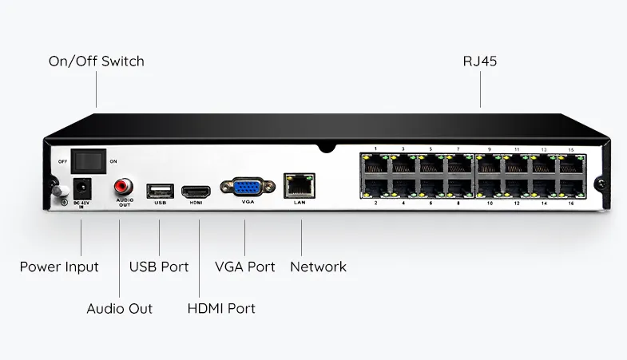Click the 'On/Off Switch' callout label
tap(96, 61)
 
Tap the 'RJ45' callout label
tap(480, 61)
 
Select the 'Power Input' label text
tap(59, 267)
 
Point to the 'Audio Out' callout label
tap(119, 308)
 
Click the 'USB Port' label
tap(159, 267)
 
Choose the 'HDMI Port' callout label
tap(220, 308)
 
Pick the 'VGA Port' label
tap(245, 267)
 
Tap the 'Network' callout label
tap(319, 267)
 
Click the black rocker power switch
tap(88, 161)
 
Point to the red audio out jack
tap(123, 187)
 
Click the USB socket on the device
tap(160, 191)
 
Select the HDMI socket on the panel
tap(196, 192)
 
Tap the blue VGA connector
tap(246, 188)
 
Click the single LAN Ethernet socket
tap(300, 185)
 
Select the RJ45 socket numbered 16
tap(569, 188)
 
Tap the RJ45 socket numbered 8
tap(458, 188)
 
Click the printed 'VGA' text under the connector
tap(247, 203)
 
